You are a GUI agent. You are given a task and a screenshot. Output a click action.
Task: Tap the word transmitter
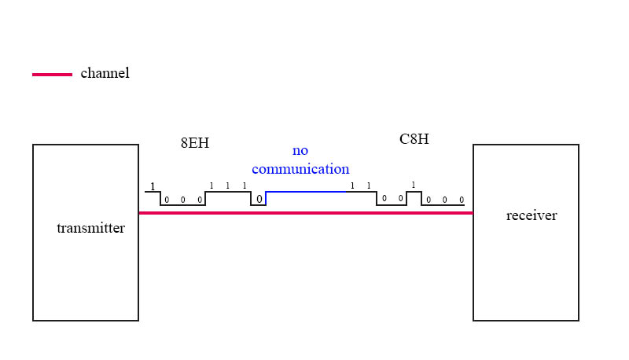90,229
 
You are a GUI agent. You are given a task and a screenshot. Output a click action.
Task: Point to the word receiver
531,215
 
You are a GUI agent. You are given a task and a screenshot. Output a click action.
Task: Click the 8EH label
195,143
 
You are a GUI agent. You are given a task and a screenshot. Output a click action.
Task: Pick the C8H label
414,139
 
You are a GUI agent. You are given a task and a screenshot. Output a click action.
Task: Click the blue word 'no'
300,151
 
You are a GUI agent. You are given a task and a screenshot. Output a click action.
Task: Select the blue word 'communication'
300,169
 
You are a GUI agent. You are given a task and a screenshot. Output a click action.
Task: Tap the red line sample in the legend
52,75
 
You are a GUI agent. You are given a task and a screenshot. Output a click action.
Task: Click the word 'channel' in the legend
105,73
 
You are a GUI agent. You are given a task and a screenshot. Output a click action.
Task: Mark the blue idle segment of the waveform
307,192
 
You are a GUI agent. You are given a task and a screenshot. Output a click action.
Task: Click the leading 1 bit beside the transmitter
153,187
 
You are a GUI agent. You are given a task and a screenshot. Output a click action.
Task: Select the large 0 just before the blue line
259,199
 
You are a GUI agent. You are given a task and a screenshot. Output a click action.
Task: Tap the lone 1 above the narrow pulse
414,186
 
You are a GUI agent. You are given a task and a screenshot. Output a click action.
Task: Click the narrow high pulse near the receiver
414,192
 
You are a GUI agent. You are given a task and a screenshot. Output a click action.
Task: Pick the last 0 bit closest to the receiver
462,200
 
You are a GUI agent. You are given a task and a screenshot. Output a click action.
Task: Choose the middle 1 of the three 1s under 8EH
227,186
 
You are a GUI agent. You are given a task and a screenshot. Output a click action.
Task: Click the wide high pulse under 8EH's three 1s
227,192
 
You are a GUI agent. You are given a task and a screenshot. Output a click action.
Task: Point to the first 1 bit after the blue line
352,186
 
